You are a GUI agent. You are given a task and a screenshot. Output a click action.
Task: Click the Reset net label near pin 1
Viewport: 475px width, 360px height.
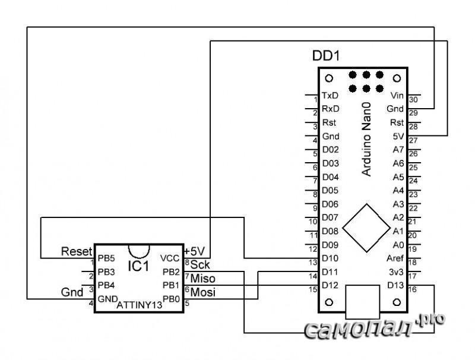(77, 251)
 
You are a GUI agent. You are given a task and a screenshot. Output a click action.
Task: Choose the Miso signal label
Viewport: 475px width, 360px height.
(202, 278)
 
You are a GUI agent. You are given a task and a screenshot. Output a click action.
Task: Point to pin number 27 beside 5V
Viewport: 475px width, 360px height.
(413, 140)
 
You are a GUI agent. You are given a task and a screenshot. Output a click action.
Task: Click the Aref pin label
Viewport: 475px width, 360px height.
(395, 258)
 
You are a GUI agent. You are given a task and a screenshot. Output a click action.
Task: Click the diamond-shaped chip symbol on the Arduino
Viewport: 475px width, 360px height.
(363, 228)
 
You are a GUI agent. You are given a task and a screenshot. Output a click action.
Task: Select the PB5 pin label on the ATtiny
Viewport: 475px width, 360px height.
(106, 258)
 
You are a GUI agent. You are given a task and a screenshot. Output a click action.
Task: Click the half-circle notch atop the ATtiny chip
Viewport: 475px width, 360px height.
(138, 250)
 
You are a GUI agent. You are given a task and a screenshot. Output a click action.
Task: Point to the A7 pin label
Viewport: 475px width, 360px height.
(398, 150)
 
